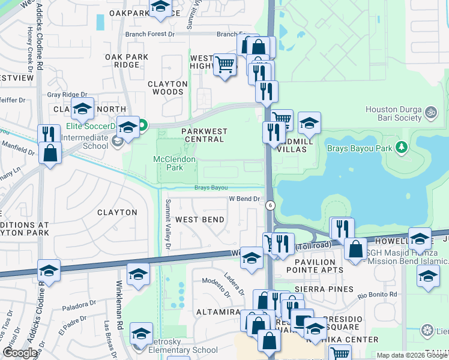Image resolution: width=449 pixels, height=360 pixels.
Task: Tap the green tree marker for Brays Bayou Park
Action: pyautogui.click(x=402, y=147)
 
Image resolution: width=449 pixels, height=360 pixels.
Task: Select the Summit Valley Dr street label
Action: pyautogui.click(x=168, y=224)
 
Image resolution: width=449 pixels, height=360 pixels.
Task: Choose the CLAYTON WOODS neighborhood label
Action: pyautogui.click(x=166, y=88)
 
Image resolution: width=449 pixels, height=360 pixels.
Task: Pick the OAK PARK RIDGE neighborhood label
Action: pyautogui.click(x=127, y=61)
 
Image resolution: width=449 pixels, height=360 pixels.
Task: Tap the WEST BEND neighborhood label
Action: pyautogui.click(x=200, y=220)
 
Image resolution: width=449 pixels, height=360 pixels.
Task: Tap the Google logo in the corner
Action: pyautogui.click(x=20, y=353)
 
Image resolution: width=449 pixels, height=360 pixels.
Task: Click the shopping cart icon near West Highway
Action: pyautogui.click(x=224, y=64)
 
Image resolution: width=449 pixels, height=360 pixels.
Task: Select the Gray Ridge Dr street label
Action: pyautogui.click(x=67, y=95)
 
